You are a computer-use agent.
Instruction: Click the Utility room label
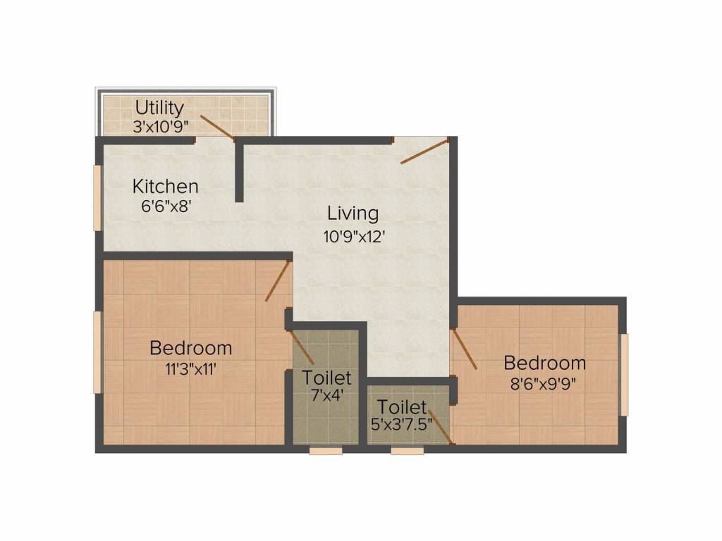[x=159, y=108]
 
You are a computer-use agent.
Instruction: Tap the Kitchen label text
[x=166, y=187]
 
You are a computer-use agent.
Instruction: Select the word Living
[x=353, y=213]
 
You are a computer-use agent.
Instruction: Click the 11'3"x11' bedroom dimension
[x=190, y=368]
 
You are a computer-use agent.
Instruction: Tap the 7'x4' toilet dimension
[x=326, y=396]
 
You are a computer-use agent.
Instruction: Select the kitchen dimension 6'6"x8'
[x=166, y=208]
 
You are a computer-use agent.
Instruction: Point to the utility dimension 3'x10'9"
[x=159, y=128]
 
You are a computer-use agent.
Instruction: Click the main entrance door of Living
[x=424, y=151]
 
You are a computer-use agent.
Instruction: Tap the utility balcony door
[x=216, y=127]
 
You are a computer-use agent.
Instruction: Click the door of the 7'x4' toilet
[x=302, y=347]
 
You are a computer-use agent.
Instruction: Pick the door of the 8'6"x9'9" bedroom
[x=464, y=349]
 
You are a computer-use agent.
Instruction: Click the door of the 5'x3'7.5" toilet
[x=440, y=427]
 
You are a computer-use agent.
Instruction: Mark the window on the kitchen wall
[x=97, y=198]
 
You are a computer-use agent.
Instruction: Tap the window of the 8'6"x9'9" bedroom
[x=624, y=375]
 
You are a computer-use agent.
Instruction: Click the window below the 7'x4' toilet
[x=326, y=451]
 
